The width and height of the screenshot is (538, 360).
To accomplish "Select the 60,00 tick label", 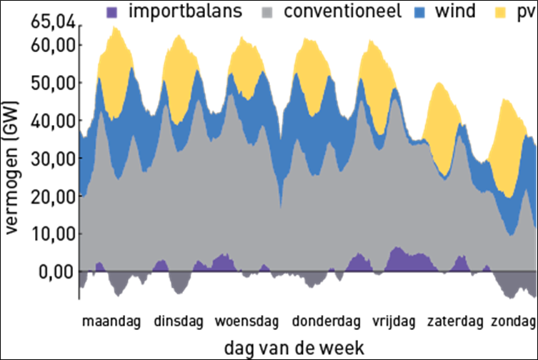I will tap(51, 45).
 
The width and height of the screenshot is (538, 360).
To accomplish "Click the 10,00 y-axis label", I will tap(51, 234).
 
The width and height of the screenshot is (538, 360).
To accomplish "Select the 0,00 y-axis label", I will tap(55, 272).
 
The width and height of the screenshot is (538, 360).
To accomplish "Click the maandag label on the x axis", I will tap(112, 320).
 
